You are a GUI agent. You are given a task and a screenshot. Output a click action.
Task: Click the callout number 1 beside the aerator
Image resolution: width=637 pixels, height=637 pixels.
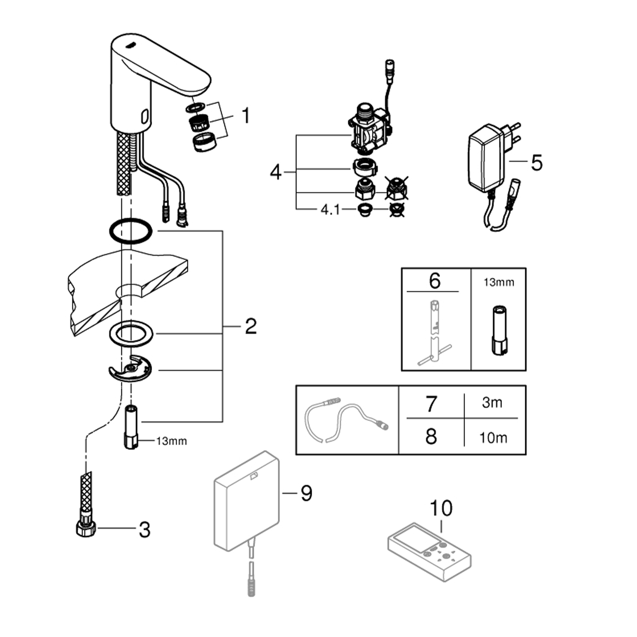point(245,116)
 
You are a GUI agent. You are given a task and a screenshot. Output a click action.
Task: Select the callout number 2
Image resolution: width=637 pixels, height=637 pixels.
point(251,326)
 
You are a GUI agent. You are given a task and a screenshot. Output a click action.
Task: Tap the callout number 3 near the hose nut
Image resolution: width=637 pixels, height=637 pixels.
point(144,530)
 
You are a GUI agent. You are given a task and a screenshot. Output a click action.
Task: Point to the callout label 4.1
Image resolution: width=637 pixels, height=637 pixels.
point(330,209)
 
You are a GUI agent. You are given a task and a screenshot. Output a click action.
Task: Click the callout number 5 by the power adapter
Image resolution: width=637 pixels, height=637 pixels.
point(537,162)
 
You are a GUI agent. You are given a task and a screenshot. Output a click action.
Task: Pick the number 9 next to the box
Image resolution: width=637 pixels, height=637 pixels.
point(306,493)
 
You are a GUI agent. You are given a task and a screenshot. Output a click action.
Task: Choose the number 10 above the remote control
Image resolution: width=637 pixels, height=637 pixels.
point(441,508)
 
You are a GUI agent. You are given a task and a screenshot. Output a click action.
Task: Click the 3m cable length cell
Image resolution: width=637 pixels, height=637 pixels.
point(492,402)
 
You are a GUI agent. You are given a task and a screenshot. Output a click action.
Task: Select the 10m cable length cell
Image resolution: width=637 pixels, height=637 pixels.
point(493,437)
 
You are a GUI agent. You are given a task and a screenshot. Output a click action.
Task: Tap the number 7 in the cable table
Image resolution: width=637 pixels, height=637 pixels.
point(431,403)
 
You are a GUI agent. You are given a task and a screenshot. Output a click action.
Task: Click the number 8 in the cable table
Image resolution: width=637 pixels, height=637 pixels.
point(431,437)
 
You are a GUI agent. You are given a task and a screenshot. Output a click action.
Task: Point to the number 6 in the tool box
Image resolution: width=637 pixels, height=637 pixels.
point(434,281)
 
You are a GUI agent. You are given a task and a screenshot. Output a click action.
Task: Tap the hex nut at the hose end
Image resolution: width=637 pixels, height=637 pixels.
point(86,528)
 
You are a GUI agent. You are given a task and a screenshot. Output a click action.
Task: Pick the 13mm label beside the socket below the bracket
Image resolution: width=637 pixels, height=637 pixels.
point(171,441)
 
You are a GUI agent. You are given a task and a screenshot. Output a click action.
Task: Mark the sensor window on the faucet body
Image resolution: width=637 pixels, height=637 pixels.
point(145,115)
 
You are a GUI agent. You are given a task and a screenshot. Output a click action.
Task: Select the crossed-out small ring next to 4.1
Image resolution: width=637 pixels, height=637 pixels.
point(397,209)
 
